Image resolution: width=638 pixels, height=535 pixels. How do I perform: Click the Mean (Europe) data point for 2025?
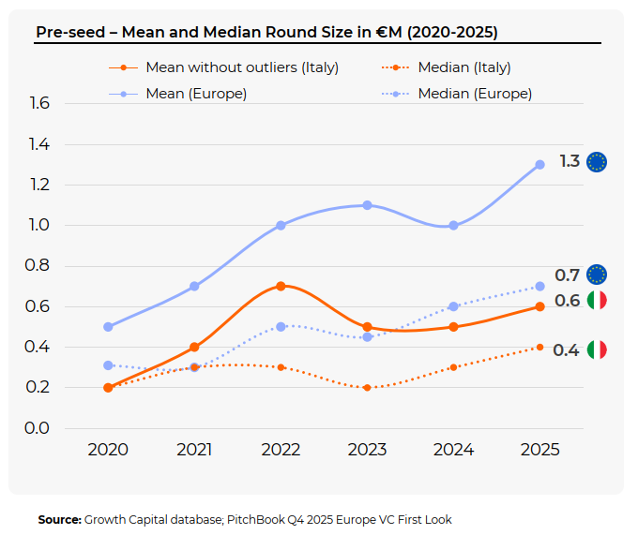pyautogui.click(x=539, y=165)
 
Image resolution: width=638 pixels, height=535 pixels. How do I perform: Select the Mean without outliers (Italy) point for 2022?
pyautogui.click(x=281, y=286)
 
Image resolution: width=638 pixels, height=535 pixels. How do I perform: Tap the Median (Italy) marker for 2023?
pyautogui.click(x=367, y=388)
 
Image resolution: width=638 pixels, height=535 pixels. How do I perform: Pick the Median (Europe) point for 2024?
pyautogui.click(x=453, y=306)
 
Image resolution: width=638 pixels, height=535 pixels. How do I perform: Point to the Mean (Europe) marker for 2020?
pyautogui.click(x=108, y=327)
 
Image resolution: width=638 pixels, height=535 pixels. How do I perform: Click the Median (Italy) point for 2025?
pyautogui.click(x=539, y=348)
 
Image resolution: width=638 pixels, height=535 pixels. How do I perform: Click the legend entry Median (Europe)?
pyautogui.click(x=475, y=94)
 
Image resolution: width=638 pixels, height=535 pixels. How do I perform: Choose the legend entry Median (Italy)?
pyautogui.click(x=463, y=67)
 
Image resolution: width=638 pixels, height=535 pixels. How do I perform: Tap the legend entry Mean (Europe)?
pyautogui.click(x=196, y=94)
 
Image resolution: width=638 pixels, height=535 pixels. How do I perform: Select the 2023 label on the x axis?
pyautogui.click(x=367, y=450)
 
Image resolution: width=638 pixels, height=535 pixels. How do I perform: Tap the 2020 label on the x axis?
pyautogui.click(x=108, y=450)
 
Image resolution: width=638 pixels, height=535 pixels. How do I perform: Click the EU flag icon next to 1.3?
pyautogui.click(x=597, y=162)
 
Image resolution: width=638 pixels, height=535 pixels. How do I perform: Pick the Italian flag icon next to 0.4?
pyautogui.click(x=597, y=349)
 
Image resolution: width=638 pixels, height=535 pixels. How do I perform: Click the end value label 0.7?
pyautogui.click(x=567, y=275)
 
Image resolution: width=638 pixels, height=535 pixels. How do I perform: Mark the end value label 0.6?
pyautogui.click(x=567, y=301)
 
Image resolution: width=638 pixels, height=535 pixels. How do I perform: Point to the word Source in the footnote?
pyautogui.click(x=59, y=519)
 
